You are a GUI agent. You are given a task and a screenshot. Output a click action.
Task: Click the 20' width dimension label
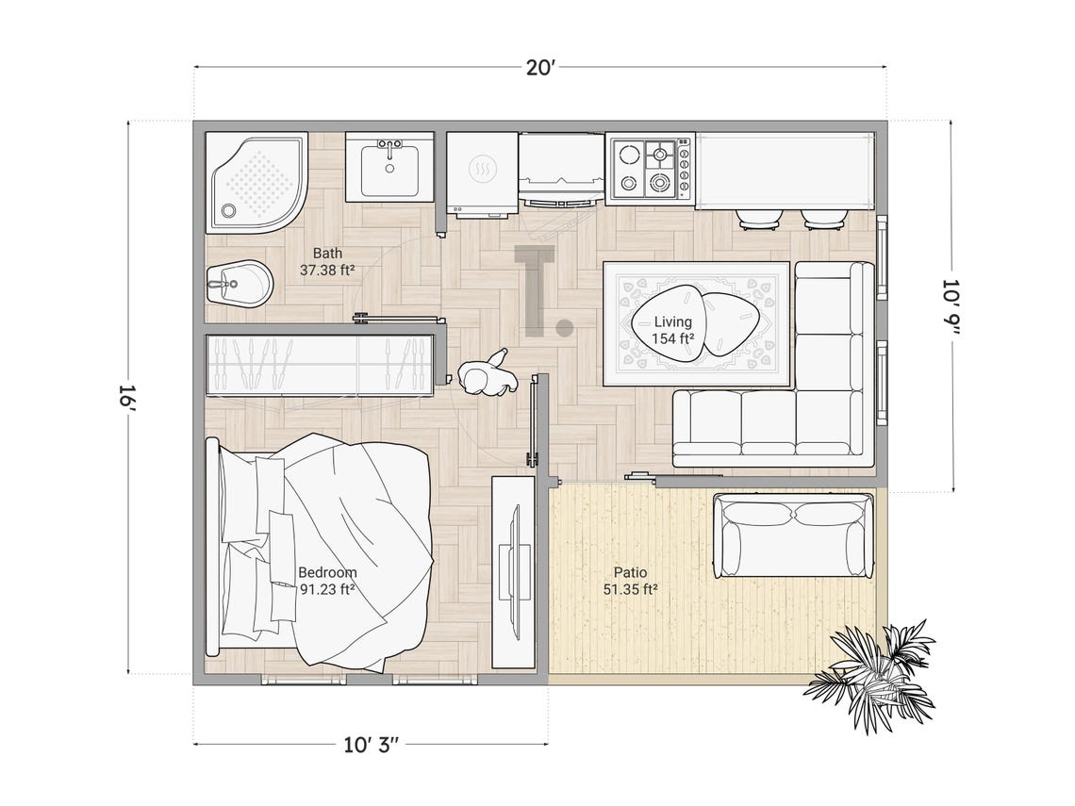pos(540,67)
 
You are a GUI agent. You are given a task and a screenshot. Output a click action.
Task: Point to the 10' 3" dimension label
pos(372,745)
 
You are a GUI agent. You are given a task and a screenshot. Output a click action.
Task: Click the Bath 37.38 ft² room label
pos(328,261)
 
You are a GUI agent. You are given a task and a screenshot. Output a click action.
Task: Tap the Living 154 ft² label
pos(673,330)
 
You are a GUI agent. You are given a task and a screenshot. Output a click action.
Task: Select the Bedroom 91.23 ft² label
pos(327,581)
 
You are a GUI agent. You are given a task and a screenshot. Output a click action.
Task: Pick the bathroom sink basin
pos(389,169)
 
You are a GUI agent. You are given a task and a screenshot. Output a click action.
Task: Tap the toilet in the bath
pos(239,283)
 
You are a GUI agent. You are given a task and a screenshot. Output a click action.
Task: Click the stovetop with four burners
pos(650,168)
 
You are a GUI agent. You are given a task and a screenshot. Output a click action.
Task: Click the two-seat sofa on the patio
pos(793,535)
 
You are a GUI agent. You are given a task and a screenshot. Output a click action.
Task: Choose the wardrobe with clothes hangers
pos(319,365)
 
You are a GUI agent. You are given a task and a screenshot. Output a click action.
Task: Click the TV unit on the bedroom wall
pos(514,572)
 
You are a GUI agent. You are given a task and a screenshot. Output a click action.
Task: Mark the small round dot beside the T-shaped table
pos(565,328)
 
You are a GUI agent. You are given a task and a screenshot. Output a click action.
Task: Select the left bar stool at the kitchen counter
pos(759,220)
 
